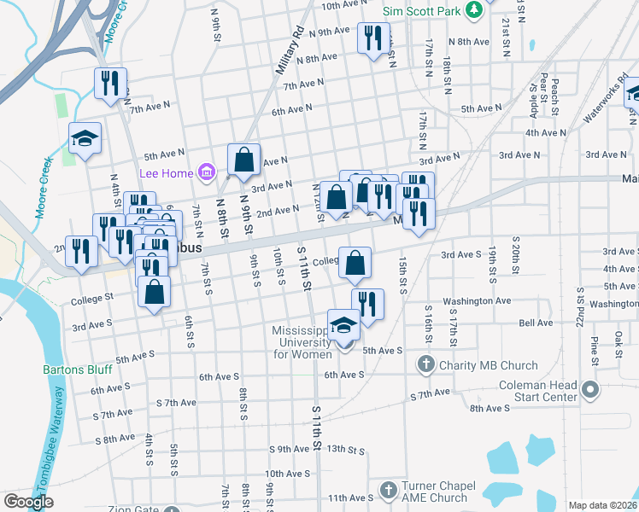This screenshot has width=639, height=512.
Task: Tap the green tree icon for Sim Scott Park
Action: (474, 10)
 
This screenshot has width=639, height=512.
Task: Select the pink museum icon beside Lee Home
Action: (206, 173)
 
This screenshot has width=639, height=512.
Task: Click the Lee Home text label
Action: (168, 173)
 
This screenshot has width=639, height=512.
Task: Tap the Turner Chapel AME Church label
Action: (435, 491)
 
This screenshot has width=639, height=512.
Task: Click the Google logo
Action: (28, 503)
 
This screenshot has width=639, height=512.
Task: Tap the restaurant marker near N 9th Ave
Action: (373, 38)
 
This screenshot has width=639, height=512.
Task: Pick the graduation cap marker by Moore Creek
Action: (85, 138)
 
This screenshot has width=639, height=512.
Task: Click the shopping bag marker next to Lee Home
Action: (243, 160)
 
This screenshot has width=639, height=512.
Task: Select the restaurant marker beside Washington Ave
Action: (367, 304)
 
